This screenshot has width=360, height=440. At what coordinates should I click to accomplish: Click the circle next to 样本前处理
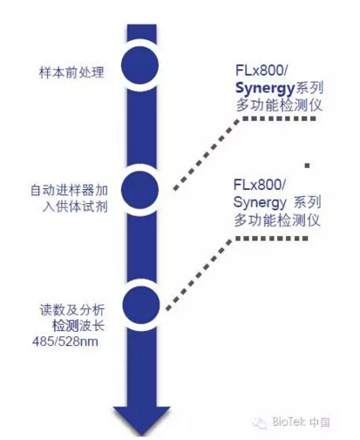click(139, 65)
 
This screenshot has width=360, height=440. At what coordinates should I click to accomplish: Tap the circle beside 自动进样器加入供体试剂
click(139, 190)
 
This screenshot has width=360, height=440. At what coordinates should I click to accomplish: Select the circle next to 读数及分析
click(141, 305)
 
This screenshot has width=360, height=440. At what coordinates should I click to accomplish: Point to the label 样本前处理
click(71, 72)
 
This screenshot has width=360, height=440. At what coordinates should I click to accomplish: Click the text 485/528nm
click(65, 342)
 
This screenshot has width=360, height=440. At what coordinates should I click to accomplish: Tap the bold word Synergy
click(265, 88)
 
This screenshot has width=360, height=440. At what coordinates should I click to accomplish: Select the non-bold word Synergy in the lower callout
click(260, 202)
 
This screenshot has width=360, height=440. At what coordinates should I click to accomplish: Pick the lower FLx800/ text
click(260, 185)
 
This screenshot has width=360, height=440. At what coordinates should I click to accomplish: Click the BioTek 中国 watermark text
click(301, 422)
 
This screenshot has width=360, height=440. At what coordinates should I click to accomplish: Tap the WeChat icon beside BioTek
click(260, 423)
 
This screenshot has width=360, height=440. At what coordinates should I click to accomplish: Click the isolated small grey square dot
click(307, 166)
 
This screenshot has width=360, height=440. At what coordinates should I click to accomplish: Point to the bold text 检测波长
click(78, 326)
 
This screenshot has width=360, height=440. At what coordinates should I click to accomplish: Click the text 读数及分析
click(72, 310)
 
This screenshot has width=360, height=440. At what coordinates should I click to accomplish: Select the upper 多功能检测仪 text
click(279, 105)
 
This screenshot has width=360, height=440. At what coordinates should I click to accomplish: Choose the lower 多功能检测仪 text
click(277, 220)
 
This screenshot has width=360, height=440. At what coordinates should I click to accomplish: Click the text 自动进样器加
click(69, 191)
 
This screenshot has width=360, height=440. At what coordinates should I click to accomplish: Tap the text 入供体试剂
click(75, 206)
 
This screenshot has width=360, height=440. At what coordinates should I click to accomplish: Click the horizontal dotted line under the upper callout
click(280, 118)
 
